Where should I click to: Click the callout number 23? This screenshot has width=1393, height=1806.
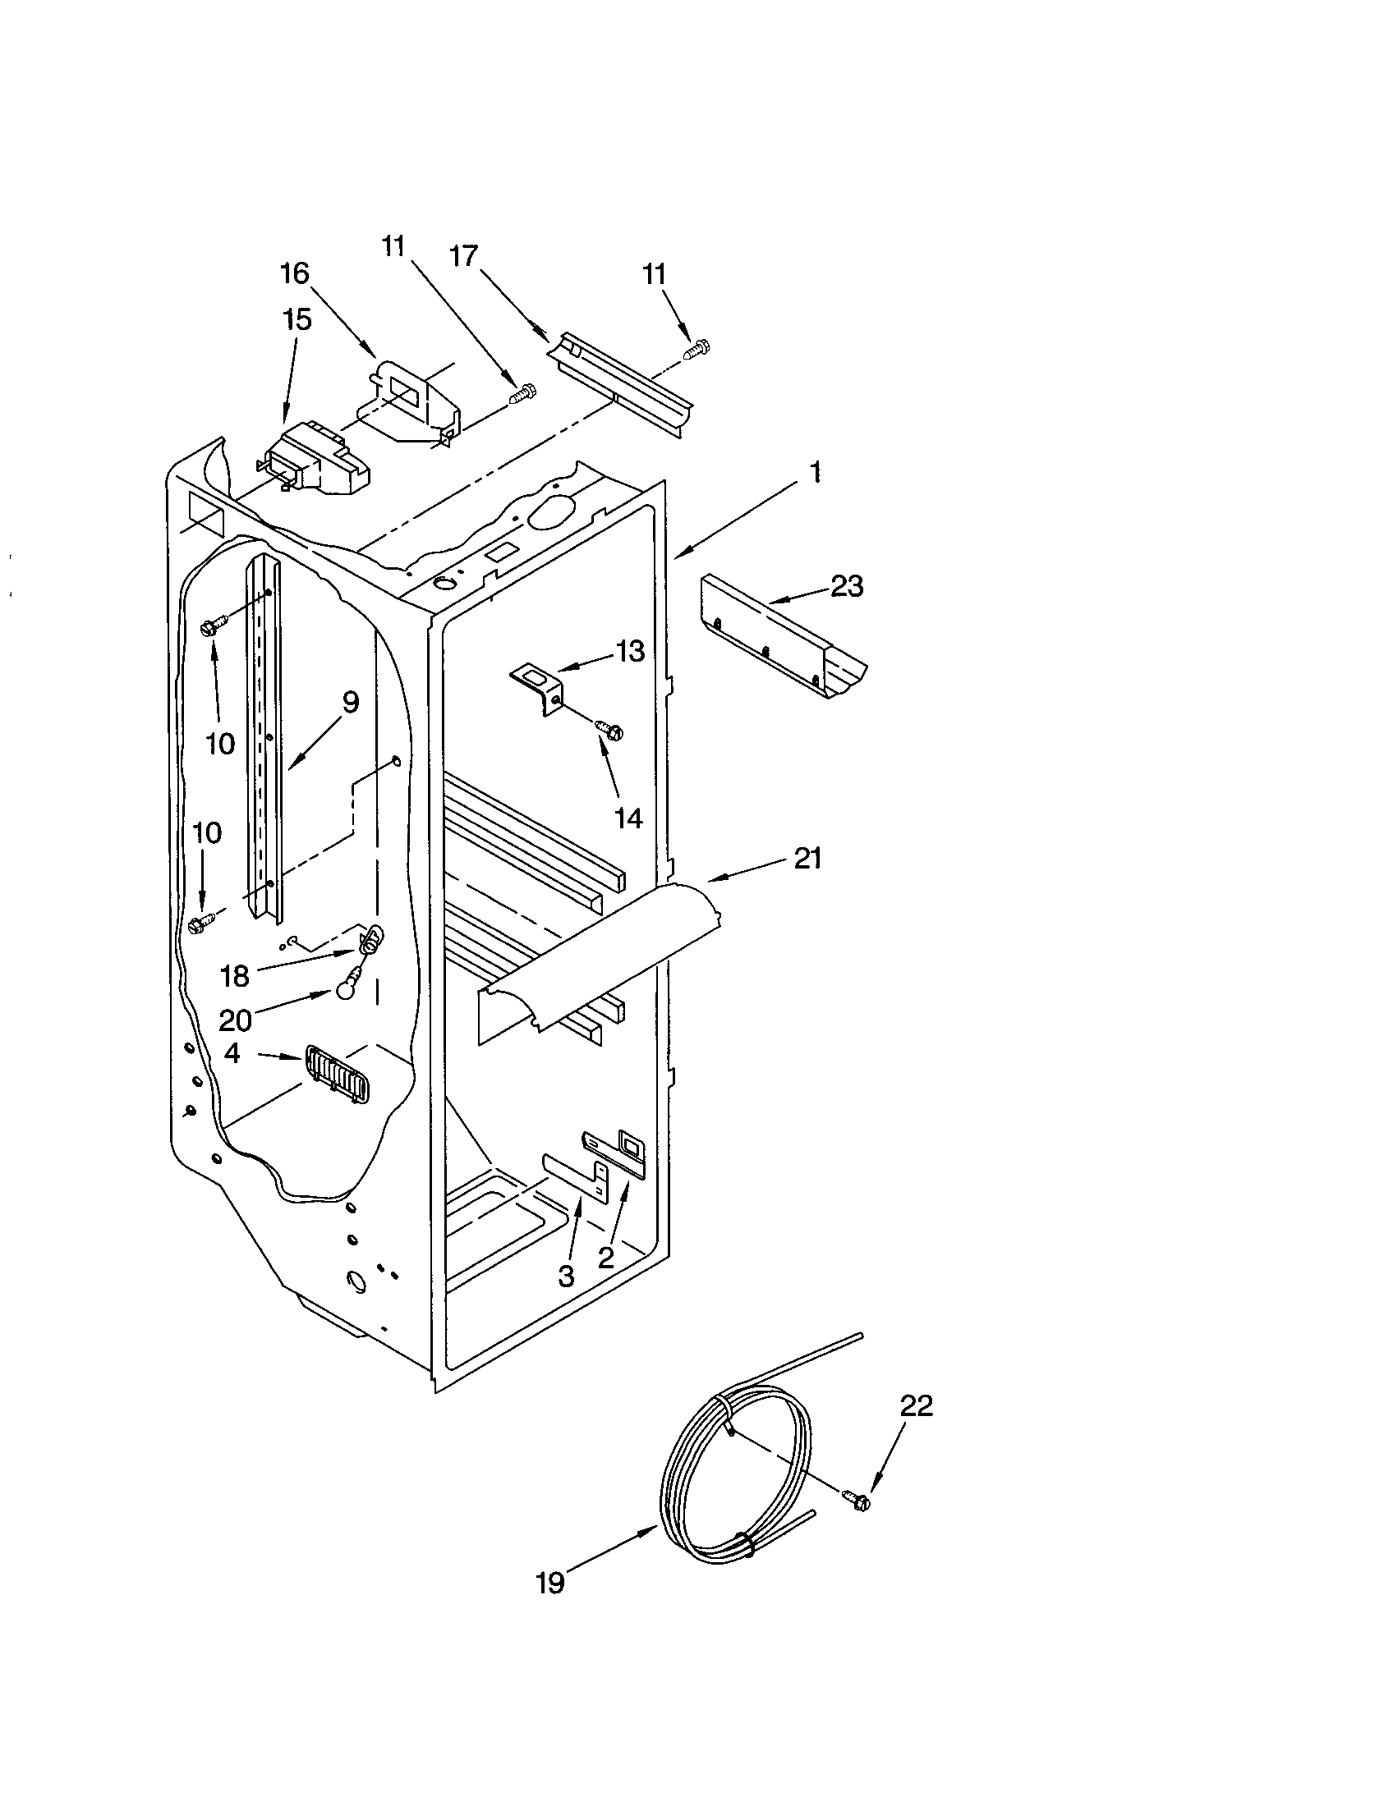pos(846,586)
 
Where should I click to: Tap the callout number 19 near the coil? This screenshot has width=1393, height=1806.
pos(550,1583)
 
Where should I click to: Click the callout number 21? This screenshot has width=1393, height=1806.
pos(807,859)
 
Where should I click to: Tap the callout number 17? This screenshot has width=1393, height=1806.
pos(463,256)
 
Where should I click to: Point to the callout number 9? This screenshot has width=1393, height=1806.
pos(350,703)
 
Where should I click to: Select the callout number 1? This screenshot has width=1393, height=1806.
pos(816,472)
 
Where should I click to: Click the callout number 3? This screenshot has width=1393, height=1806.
pos(566,1276)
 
